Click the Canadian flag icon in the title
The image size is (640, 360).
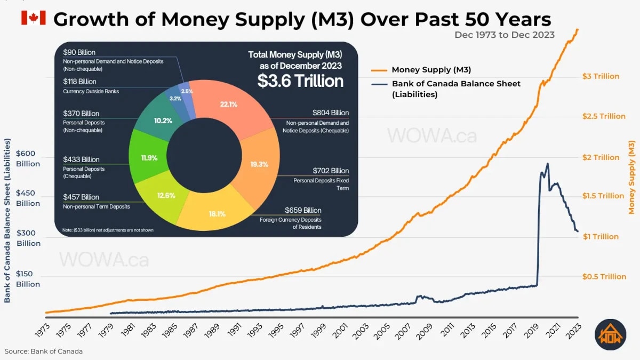[33, 18]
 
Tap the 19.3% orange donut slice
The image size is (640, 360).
[259, 164]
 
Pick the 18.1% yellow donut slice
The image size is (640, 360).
[218, 214]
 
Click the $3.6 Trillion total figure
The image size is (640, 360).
[300, 81]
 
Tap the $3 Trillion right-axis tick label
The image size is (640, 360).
[601, 76]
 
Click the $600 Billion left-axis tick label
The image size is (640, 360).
[28, 158]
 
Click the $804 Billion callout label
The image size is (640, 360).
[331, 113]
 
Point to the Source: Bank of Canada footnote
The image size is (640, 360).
[44, 351]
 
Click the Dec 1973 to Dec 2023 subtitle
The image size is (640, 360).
[504, 35]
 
